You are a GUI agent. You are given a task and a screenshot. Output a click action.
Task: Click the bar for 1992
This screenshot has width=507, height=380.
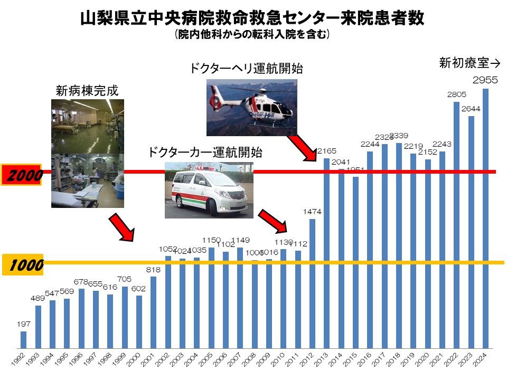coord(23,340)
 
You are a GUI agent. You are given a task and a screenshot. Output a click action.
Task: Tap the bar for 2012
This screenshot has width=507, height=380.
coord(312,284)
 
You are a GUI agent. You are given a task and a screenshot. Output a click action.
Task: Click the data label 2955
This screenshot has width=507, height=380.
coord(485,81)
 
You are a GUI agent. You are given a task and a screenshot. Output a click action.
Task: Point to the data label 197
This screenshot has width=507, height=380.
coord(23,324)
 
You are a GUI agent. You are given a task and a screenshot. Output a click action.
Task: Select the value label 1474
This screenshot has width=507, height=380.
coord(312,211)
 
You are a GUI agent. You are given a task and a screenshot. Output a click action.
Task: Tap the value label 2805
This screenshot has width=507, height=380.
coord(456,94)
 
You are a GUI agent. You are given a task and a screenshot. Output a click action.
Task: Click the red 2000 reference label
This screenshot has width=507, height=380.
coord(22,175)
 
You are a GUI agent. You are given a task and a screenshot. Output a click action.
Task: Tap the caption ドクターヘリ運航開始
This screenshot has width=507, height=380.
coord(247,69)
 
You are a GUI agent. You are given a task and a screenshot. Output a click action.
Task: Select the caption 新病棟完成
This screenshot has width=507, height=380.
coord(87,91)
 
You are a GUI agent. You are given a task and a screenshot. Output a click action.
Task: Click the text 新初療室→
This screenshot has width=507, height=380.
coord(470,63)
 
